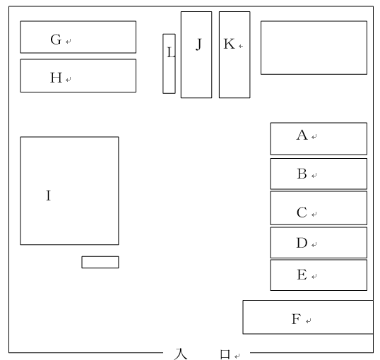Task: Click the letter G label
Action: pos(56,40)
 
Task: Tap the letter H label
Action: pos(56,78)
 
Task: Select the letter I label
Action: pos(49,196)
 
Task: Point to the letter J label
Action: pos(198,44)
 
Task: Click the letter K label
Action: pos(229,44)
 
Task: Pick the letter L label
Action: pos(171,52)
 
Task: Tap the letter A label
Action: pos(302,135)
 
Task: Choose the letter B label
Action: pos(302,174)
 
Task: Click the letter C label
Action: pos(302,212)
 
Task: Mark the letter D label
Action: pos(302,243)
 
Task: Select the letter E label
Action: pos(302,275)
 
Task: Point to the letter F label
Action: pos(297,319)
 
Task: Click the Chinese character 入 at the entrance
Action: pos(181,354)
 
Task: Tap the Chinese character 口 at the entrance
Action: pos(225,354)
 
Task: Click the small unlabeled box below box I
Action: pos(100,262)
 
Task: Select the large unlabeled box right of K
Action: pos(314,48)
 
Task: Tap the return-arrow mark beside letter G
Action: pos(69,42)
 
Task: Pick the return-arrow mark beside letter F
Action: pos(309,321)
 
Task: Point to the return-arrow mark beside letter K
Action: pos(241,46)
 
